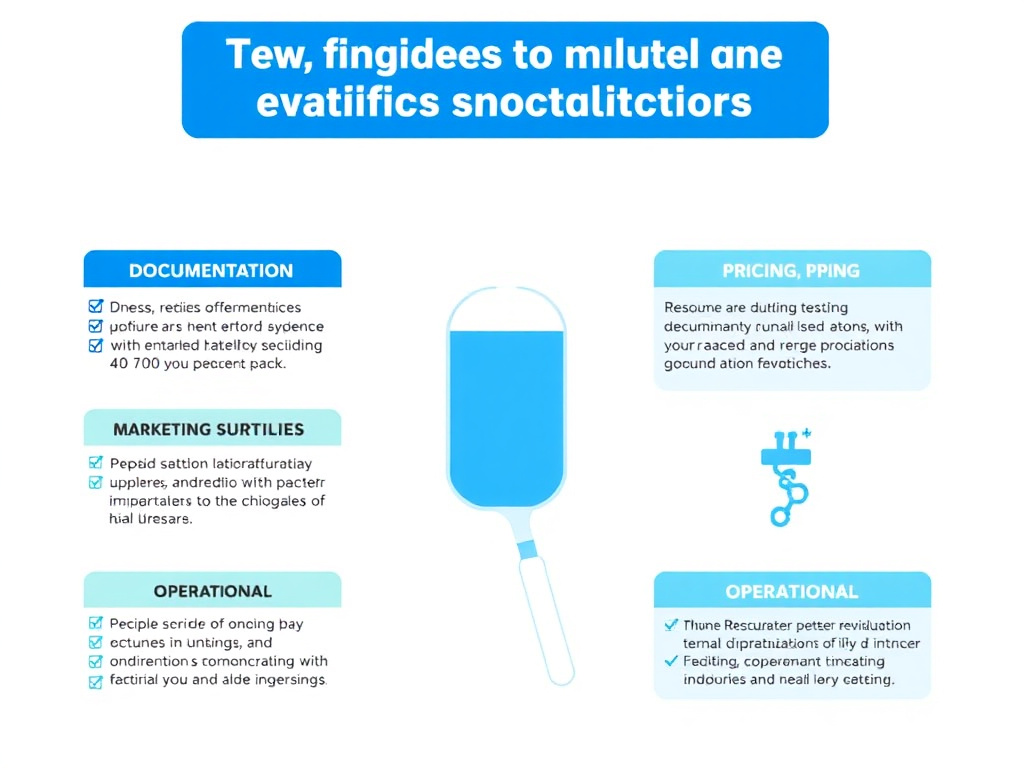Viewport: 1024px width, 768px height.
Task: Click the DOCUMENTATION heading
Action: click(x=211, y=270)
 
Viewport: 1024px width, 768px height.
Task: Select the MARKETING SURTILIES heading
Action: click(x=208, y=429)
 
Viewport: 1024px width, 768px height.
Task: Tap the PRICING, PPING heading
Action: click(x=791, y=271)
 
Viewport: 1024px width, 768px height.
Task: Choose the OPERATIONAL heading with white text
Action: click(x=791, y=592)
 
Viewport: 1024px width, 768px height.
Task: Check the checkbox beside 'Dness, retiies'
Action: click(x=96, y=307)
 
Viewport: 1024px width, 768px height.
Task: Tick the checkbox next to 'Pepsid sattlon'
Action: click(x=96, y=463)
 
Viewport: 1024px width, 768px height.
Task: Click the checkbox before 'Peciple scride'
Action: click(x=96, y=623)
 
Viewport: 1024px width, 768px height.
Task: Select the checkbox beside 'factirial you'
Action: click(x=96, y=681)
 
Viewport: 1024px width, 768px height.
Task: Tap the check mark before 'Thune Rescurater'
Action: click(x=671, y=624)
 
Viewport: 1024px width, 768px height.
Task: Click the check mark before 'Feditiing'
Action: click(x=671, y=661)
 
